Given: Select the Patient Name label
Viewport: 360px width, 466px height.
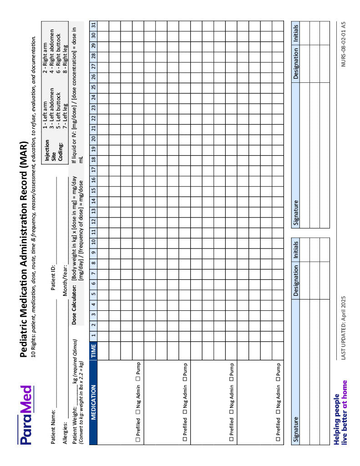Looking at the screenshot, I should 53,427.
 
